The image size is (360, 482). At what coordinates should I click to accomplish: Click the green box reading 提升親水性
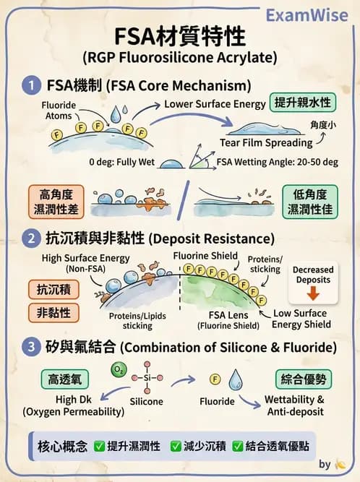(x=302, y=103)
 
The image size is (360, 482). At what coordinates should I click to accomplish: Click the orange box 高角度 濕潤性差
(x=56, y=202)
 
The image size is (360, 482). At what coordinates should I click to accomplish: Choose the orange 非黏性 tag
(x=53, y=313)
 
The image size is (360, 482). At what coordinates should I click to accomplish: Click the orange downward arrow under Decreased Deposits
(x=313, y=293)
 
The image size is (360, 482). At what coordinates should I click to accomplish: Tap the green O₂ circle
(x=118, y=371)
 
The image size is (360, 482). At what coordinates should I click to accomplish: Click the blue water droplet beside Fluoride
(x=236, y=380)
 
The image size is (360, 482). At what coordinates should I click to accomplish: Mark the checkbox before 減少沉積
(x=175, y=446)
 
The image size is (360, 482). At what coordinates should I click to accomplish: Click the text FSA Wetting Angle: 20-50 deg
(x=278, y=162)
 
